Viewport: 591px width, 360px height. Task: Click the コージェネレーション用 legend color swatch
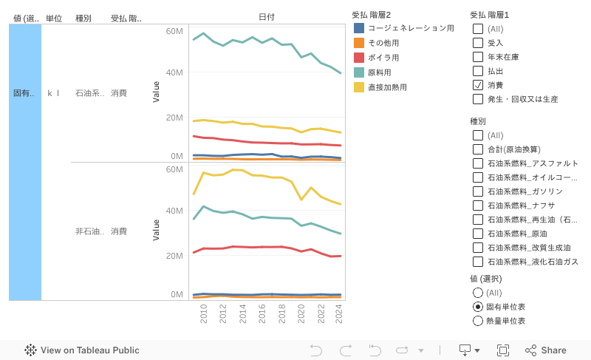pyautogui.click(x=359, y=28)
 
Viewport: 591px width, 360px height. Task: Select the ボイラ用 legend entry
pyautogui.click(x=383, y=58)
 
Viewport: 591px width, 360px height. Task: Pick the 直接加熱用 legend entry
pyautogui.click(x=387, y=87)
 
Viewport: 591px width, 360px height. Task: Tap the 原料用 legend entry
pyautogui.click(x=379, y=72)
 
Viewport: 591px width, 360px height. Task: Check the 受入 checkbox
pyautogui.click(x=478, y=43)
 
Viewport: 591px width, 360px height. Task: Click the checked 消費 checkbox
pyautogui.click(x=478, y=85)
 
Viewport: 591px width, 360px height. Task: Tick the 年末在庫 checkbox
pyautogui.click(x=478, y=57)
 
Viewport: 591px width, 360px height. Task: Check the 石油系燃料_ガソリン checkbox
pyautogui.click(x=478, y=191)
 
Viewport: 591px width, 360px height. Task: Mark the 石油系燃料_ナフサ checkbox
pyautogui.click(x=478, y=206)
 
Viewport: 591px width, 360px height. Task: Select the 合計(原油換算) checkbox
pyautogui.click(x=478, y=149)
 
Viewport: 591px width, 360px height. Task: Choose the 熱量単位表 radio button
pyautogui.click(x=478, y=321)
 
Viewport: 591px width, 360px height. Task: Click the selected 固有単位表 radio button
pyautogui.click(x=478, y=307)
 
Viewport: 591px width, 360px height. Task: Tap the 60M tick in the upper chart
pyautogui.click(x=174, y=31)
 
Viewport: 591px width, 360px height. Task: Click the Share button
pyautogui.click(x=546, y=350)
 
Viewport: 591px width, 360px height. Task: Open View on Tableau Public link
pyautogui.click(x=82, y=350)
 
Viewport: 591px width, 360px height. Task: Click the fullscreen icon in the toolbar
pyautogui.click(x=503, y=350)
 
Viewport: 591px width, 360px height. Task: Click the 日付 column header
pyautogui.click(x=267, y=17)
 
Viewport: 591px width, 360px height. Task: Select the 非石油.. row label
pyautogui.click(x=89, y=231)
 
